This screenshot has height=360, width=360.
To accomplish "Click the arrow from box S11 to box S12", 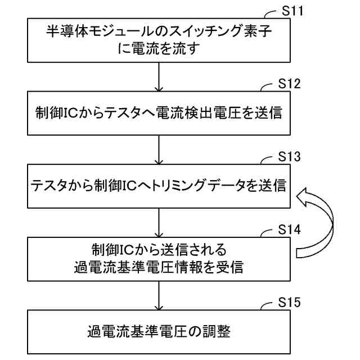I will [161, 76].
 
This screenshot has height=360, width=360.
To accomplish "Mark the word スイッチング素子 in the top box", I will [208, 33].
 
